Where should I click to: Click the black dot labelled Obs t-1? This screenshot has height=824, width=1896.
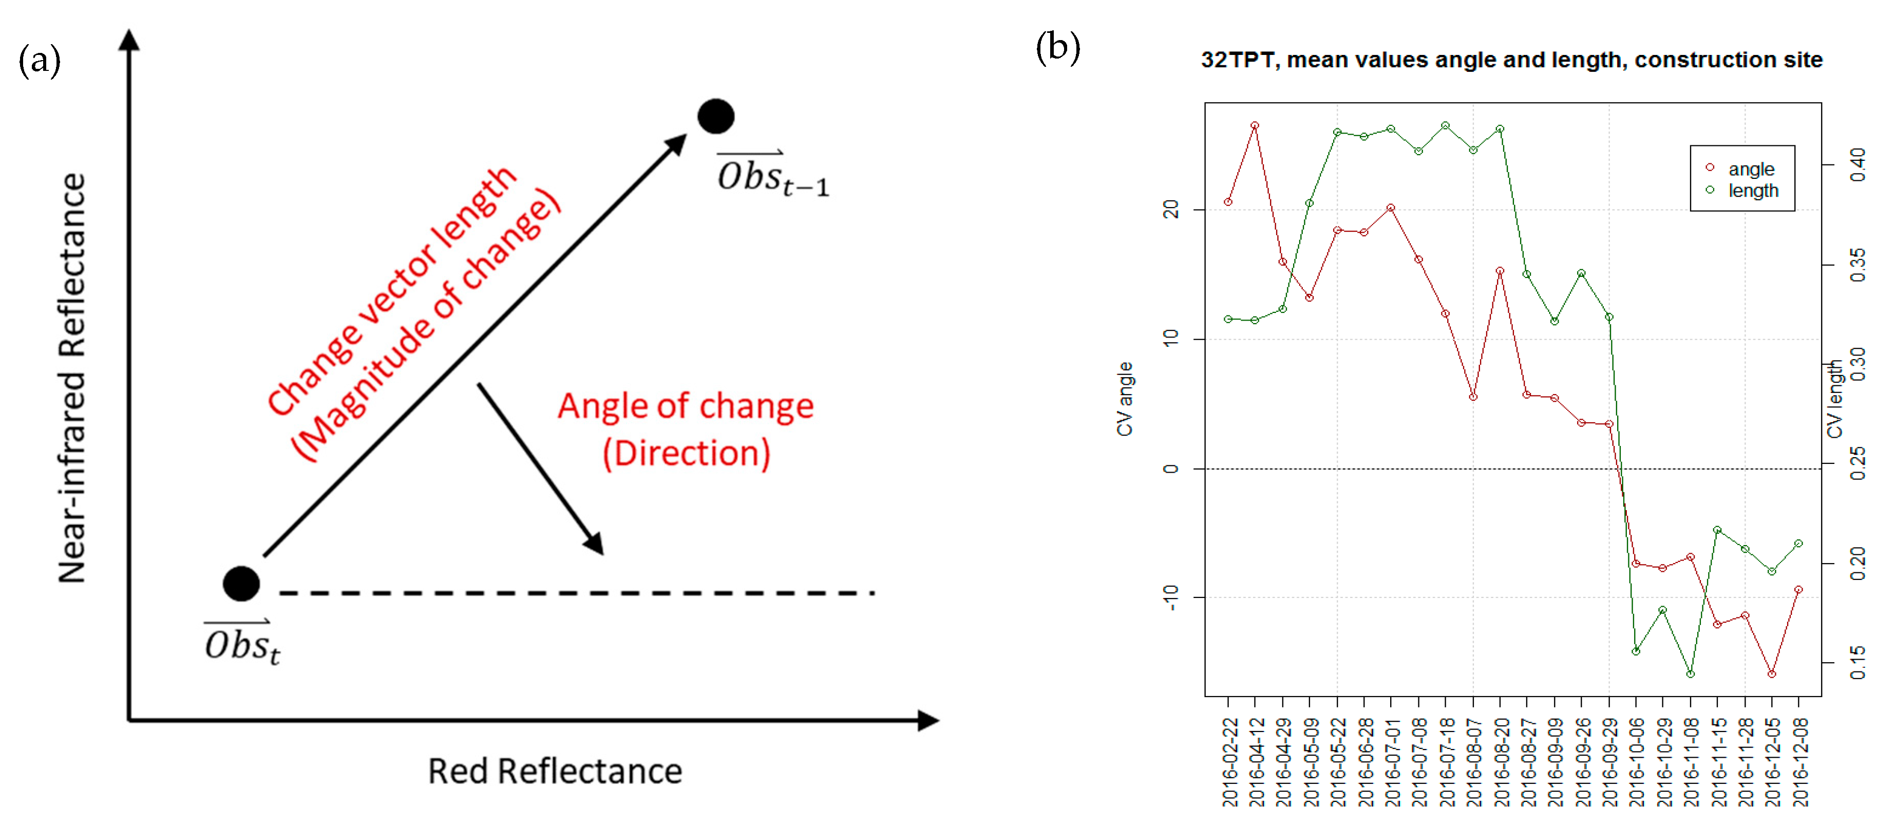click(x=715, y=116)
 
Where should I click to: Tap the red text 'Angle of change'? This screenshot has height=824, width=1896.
click(x=685, y=406)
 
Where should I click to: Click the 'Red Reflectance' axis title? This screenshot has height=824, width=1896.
click(x=555, y=771)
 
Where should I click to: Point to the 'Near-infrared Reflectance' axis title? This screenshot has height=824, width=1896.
click(x=72, y=378)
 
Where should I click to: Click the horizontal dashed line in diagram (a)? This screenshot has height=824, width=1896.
click(x=574, y=593)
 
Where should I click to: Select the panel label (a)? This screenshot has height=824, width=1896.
click(x=39, y=61)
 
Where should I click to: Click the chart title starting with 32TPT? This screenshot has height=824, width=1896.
click(x=1511, y=60)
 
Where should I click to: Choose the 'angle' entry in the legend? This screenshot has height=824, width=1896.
click(x=1750, y=168)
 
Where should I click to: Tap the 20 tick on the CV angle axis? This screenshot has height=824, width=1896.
click(x=1171, y=210)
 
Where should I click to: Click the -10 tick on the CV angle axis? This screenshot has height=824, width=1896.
click(x=1171, y=597)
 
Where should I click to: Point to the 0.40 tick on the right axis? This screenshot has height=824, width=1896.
click(x=1857, y=165)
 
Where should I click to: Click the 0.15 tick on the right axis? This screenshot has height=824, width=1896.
click(x=1857, y=663)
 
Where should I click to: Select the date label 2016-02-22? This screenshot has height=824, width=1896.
click(x=1228, y=762)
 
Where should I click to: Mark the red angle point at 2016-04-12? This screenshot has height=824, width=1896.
click(x=1255, y=126)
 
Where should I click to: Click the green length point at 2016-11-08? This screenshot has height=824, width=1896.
click(x=1690, y=674)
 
